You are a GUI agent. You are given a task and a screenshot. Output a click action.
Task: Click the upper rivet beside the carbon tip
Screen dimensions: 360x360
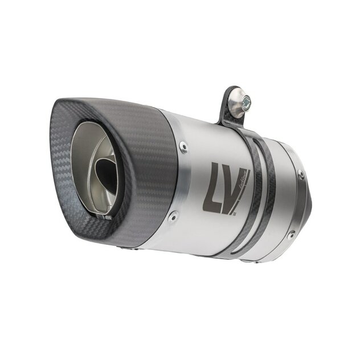(183, 146)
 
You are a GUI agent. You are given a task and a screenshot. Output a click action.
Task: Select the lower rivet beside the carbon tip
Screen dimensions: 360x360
(173, 215)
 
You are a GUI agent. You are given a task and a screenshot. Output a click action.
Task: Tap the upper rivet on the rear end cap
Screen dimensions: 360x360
(301, 175)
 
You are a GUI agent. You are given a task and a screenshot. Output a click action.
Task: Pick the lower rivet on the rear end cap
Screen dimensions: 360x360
(292, 234)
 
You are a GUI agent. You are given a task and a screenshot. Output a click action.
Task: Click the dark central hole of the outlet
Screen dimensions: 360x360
(105, 171)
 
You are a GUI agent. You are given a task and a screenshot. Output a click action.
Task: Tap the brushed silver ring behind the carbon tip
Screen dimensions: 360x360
(181, 182)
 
